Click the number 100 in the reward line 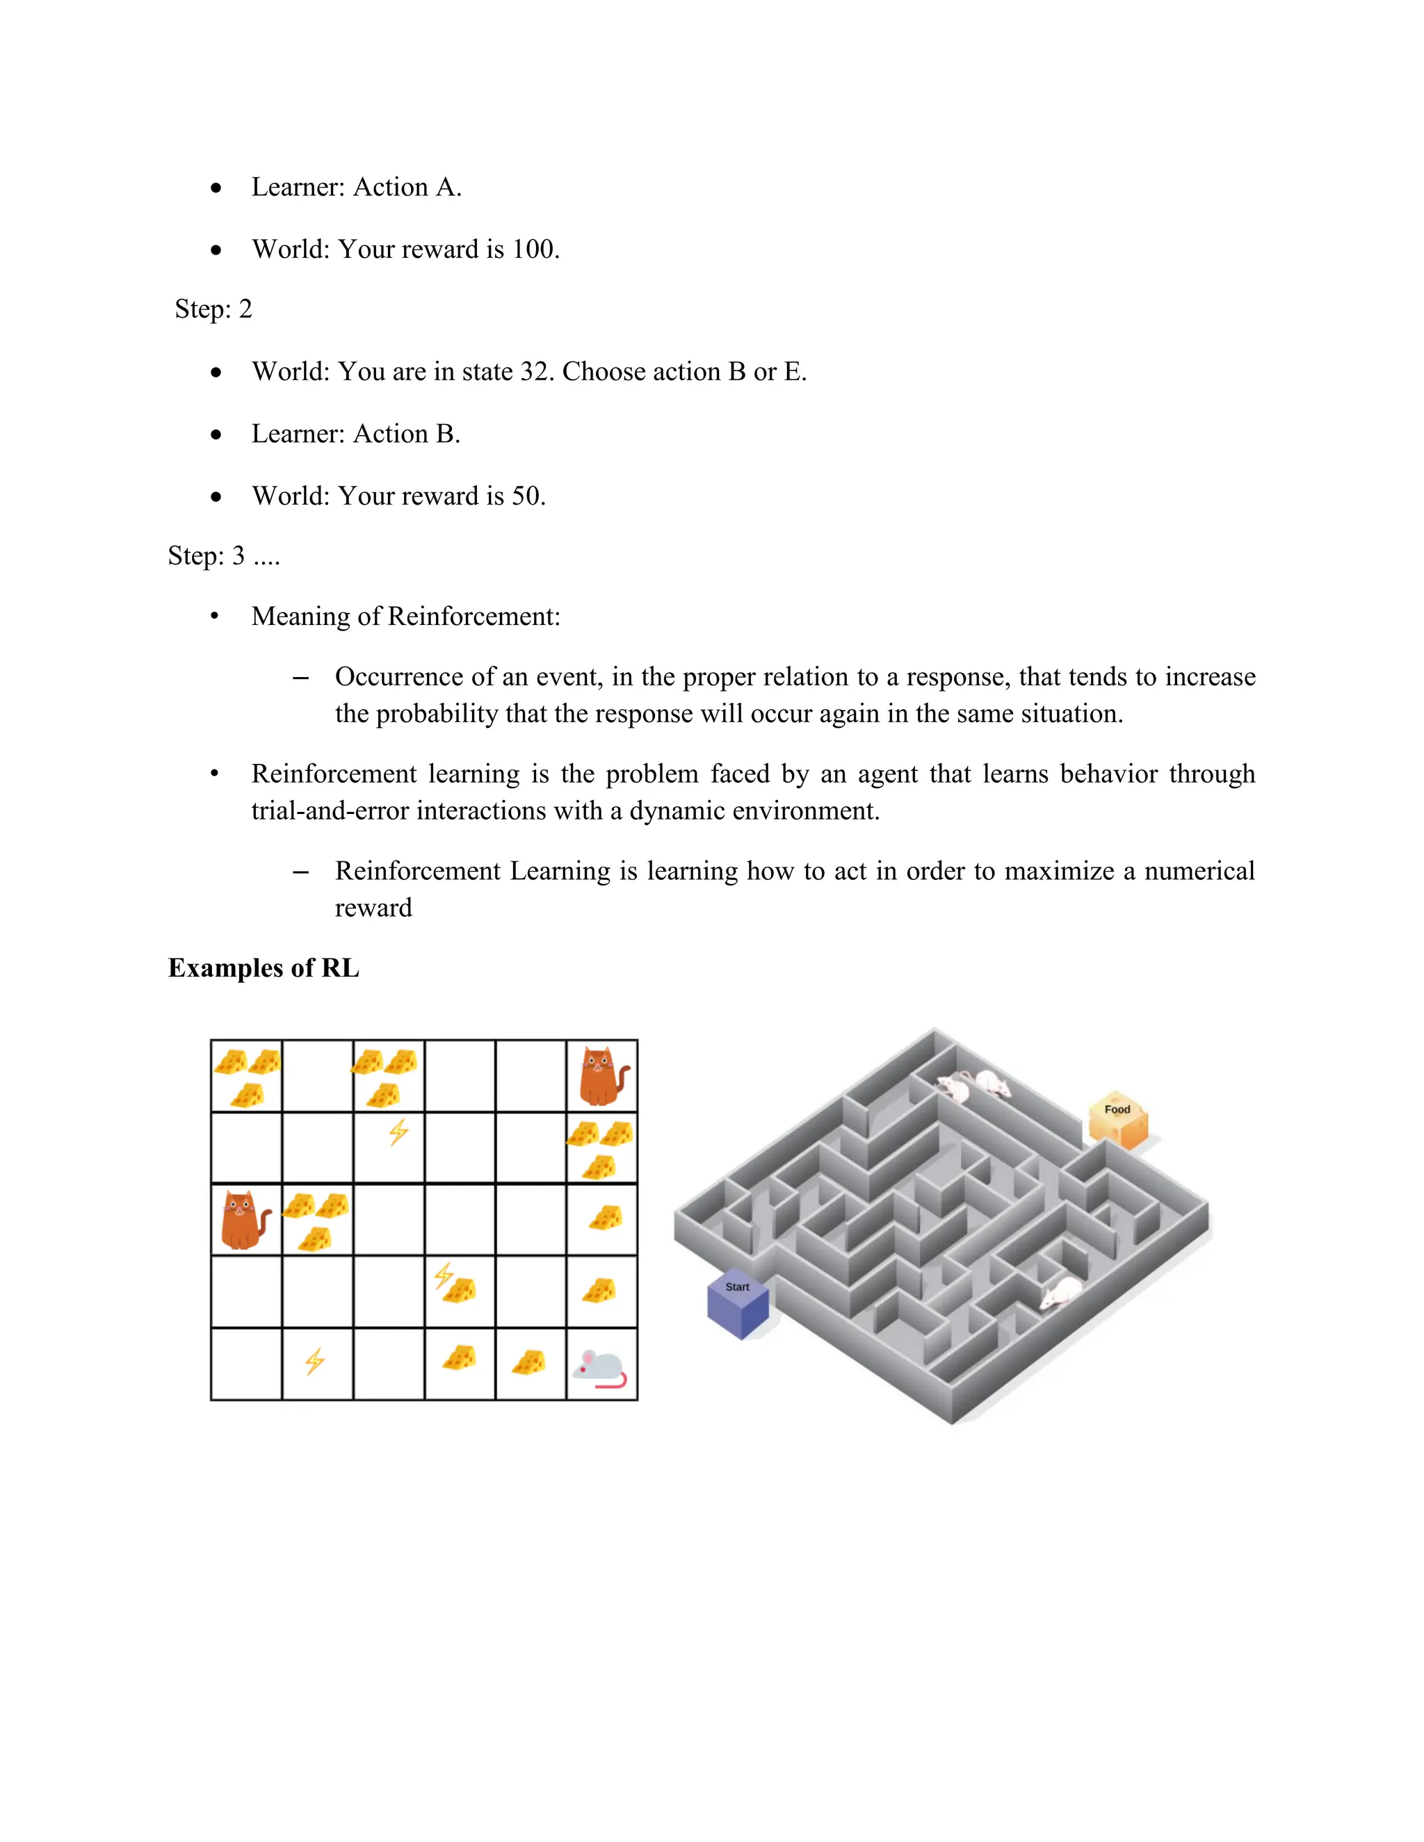[x=534, y=250]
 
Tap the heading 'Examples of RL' [x=264, y=968]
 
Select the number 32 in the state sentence [x=535, y=372]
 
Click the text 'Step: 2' [x=213, y=309]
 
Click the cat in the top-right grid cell [x=602, y=1076]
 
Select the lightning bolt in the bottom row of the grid [x=315, y=1361]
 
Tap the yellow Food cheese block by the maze [x=1119, y=1120]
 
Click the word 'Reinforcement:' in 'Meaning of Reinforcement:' [x=474, y=617]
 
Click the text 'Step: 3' [x=207, y=556]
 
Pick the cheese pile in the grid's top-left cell [x=246, y=1075]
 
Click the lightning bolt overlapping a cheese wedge [x=444, y=1275]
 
